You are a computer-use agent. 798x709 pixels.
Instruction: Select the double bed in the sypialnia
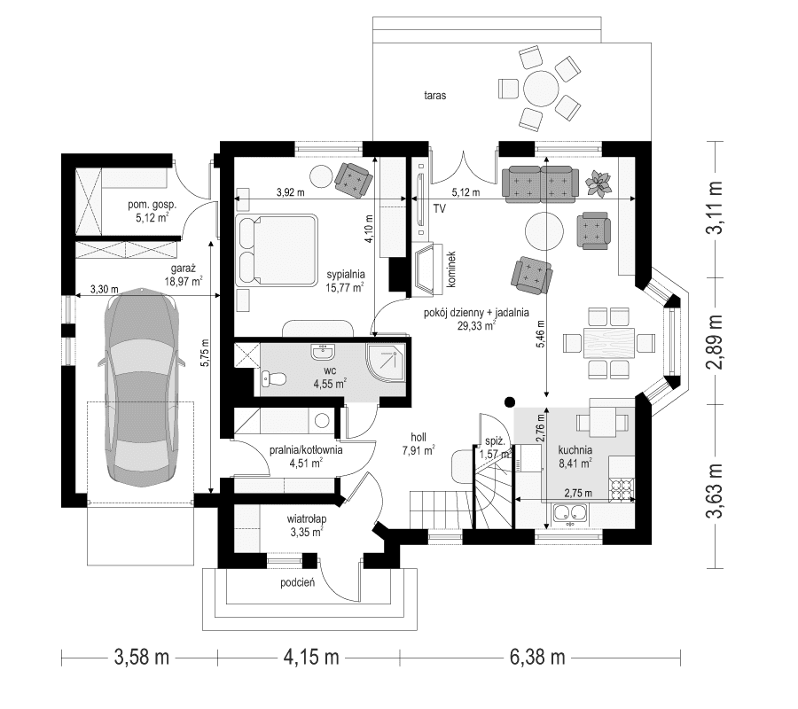(277, 250)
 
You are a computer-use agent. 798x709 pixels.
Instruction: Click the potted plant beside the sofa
(602, 182)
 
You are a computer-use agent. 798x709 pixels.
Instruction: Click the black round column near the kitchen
(509, 401)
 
